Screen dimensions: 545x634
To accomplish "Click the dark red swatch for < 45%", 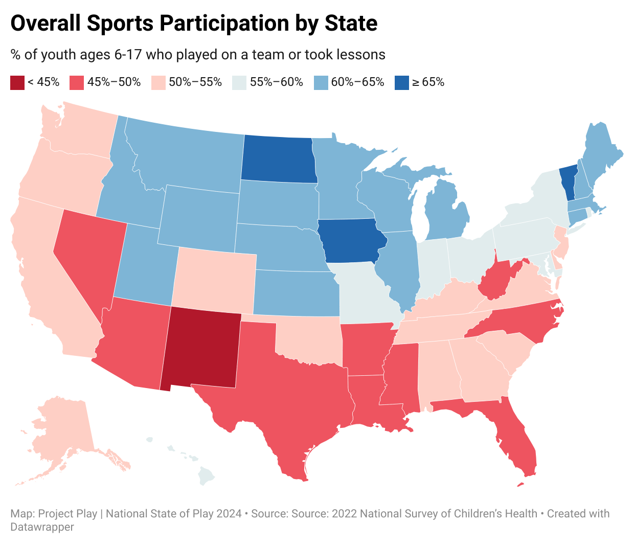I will (17, 82).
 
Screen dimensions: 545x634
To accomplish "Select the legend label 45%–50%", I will (114, 82).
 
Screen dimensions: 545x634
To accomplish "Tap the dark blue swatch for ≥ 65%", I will (402, 82).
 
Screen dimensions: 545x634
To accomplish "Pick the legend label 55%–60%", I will (276, 82).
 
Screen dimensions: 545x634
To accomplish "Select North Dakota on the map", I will (278, 159).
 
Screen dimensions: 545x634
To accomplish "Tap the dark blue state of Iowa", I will (351, 241).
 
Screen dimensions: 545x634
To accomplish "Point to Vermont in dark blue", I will (568, 181).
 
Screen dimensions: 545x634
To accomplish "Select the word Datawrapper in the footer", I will (42, 527).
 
